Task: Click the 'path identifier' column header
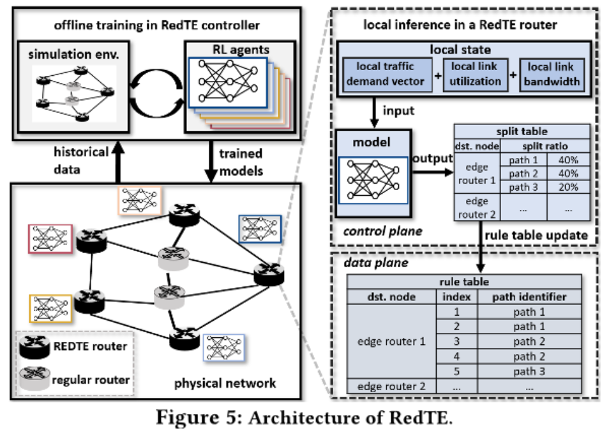click(527, 297)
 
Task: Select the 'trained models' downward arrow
click(209, 164)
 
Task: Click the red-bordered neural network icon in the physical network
click(48, 240)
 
